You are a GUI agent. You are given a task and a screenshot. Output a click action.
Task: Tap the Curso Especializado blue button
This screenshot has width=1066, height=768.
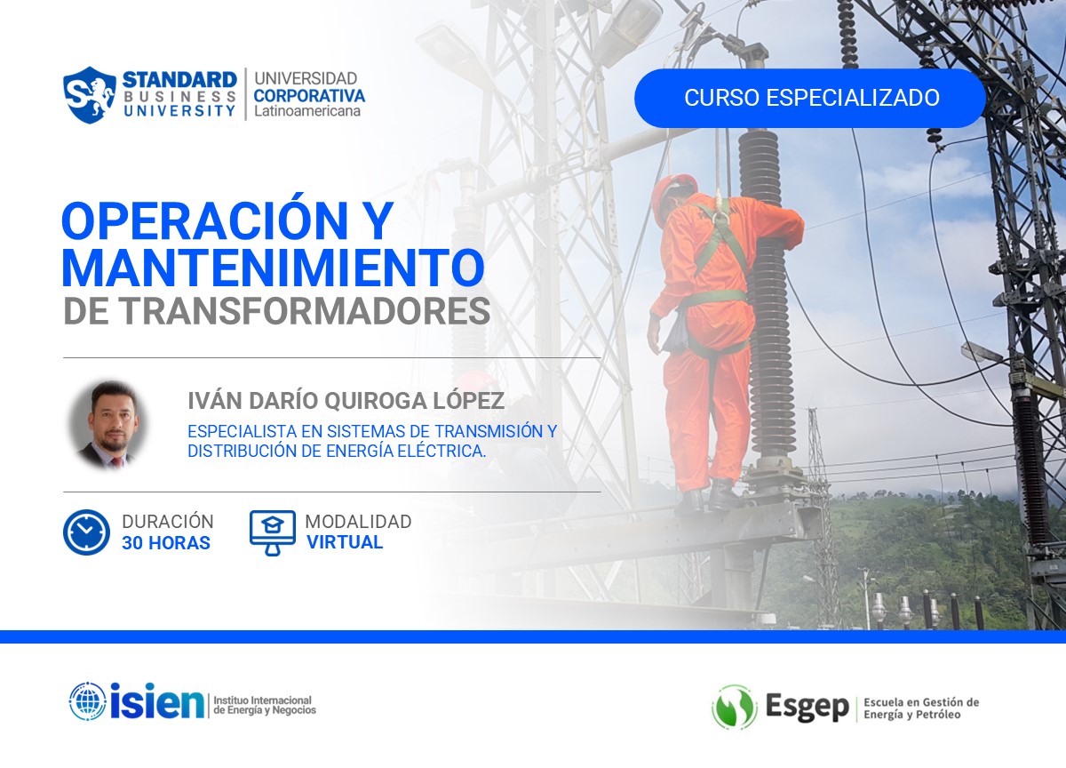(810, 98)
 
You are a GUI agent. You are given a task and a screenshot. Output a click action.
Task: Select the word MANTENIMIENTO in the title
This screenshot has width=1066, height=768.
(274, 267)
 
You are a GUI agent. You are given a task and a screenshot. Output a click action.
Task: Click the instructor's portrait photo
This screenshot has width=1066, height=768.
(108, 424)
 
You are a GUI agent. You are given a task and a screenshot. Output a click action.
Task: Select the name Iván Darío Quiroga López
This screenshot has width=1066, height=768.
(346, 400)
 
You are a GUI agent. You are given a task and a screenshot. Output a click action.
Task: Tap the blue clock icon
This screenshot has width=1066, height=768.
(86, 532)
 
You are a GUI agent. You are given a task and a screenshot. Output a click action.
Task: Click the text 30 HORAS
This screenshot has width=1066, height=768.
(166, 543)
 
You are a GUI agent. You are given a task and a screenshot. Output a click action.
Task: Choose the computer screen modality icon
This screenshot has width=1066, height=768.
(272, 532)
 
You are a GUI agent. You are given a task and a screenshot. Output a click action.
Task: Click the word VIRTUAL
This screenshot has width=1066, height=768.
(345, 542)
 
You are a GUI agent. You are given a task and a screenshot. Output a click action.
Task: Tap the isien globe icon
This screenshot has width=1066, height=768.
(87, 701)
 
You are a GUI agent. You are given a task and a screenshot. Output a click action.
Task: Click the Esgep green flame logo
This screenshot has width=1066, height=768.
(734, 707)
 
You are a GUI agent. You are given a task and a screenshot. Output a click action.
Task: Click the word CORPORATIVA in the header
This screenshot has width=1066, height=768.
(309, 95)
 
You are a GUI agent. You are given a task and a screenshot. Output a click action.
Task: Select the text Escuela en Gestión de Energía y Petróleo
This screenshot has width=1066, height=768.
(921, 708)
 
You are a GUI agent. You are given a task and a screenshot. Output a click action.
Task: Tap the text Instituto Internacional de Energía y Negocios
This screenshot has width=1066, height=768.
(263, 705)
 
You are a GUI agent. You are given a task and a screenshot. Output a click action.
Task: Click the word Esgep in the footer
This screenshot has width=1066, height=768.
(807, 708)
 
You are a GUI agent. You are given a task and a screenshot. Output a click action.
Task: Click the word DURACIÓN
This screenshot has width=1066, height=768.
(168, 522)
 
